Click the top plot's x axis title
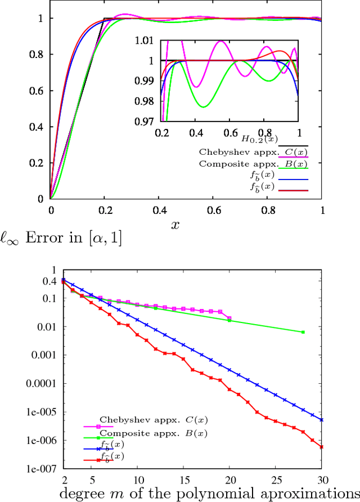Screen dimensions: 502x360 [x=175, y=225]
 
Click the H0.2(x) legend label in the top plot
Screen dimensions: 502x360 [x=259, y=138]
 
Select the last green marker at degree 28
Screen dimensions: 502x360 [x=303, y=332]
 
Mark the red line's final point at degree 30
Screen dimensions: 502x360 [x=321, y=447]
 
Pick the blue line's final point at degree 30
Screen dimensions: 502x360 [x=321, y=420]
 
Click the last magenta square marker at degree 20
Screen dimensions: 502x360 [x=229, y=317]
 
